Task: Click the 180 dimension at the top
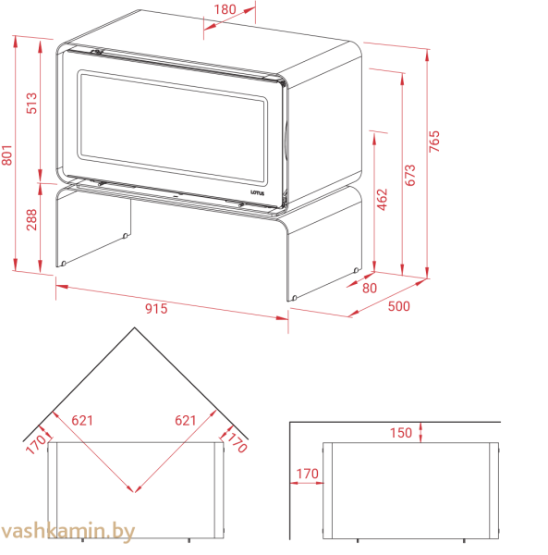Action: point(225,9)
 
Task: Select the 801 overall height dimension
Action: point(7,155)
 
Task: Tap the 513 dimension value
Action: point(31,103)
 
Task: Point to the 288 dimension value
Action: point(31,219)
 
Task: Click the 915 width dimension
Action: point(156,309)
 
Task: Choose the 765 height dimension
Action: point(434,142)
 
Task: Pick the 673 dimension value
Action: point(409,175)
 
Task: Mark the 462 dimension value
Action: point(383,200)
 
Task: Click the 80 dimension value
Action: point(370,288)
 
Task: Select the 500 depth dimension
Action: point(399,306)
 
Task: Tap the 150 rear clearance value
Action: point(401,433)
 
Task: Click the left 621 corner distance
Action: point(82,421)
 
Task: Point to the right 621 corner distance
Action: point(186,421)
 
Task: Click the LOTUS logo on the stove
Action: point(258,193)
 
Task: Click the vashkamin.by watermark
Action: point(67,531)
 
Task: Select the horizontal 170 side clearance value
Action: point(307,474)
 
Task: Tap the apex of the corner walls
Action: point(134,327)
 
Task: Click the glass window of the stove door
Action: point(172,127)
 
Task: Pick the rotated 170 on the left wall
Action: point(36,443)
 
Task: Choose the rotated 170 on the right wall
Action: point(237,443)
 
